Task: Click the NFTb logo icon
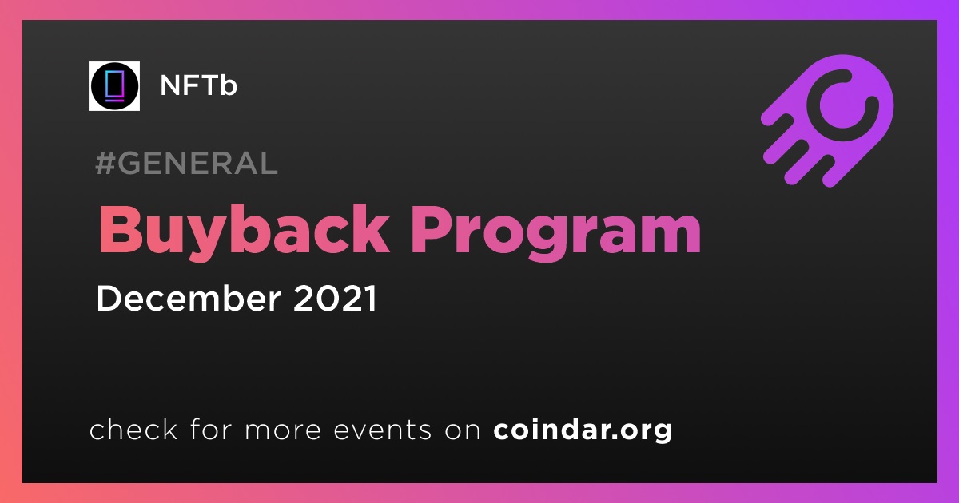pos(114,86)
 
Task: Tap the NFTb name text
pos(198,85)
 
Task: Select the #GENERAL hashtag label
pos(187,163)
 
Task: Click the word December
pos(189,298)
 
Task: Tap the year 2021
pos(335,298)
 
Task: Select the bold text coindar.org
pos(583,430)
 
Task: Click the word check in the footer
pos(133,429)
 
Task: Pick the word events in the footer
pos(382,430)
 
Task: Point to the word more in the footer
pos(283,430)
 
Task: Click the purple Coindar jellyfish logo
pos(827,121)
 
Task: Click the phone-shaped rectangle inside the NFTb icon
pos(114,86)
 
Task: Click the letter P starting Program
pos(431,229)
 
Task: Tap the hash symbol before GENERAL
pos(104,163)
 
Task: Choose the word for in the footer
pos(211,429)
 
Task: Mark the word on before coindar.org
pos(463,430)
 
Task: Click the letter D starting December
pos(109,298)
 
